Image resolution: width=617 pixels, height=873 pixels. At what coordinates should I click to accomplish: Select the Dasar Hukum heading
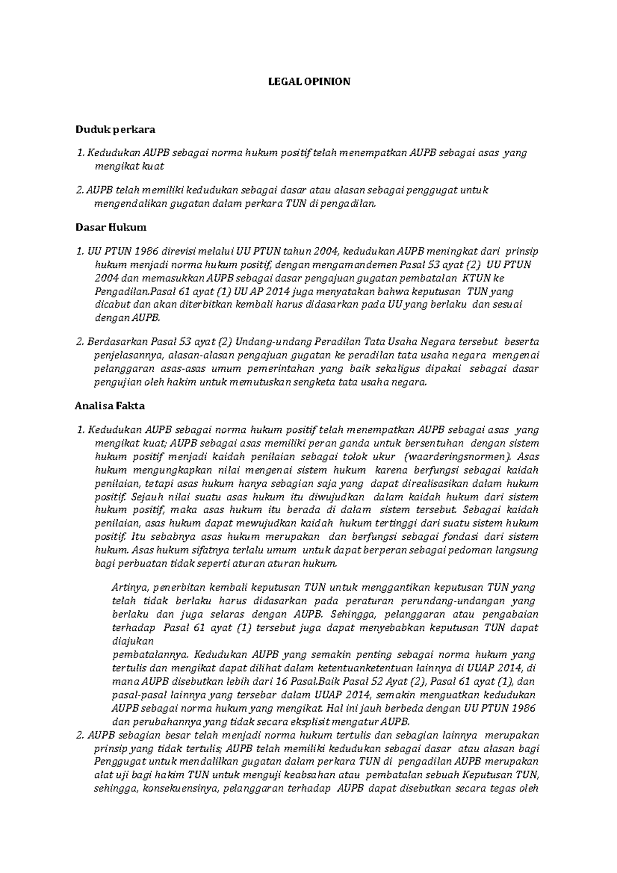click(111, 227)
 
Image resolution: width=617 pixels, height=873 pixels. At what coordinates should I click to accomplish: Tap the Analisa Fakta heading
click(110, 406)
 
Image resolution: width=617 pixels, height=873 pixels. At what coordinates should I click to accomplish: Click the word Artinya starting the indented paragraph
click(130, 587)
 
